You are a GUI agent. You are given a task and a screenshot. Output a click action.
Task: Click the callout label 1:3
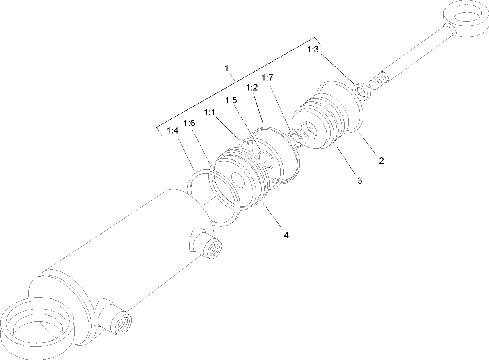pos(313,50)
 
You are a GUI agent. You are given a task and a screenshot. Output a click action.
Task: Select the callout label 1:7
pos(267,77)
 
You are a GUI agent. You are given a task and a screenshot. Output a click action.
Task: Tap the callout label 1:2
pos(251,88)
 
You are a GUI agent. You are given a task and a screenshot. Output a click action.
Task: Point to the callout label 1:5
pos(231,100)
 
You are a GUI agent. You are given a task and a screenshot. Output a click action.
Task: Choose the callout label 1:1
pos(210,112)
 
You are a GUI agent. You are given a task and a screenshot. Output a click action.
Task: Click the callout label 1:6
pos(189,123)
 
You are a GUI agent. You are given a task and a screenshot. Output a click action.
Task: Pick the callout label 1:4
pos(173,131)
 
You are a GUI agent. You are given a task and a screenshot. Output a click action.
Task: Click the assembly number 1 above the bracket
pos(226,68)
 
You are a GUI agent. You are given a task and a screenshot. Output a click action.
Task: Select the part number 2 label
pos(381,161)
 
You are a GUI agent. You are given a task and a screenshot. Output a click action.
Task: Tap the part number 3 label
pos(359,180)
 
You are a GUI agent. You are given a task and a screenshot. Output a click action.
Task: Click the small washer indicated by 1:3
pos(362,91)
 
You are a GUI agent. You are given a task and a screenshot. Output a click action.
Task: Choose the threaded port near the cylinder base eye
pos(121,322)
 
